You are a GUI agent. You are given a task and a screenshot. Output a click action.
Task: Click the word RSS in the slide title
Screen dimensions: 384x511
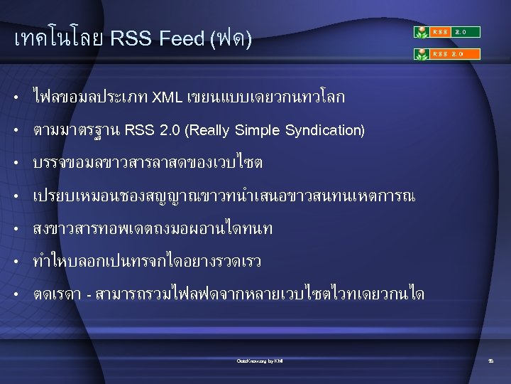(131, 38)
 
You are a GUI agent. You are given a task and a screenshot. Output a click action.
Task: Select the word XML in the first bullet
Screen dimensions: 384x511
(167, 97)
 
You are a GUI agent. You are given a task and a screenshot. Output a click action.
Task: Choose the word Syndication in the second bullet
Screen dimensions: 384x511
(325, 130)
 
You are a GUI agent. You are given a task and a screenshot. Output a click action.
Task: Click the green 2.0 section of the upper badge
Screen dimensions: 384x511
(467, 32)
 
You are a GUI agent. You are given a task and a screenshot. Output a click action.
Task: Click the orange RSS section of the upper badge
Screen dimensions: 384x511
(441, 32)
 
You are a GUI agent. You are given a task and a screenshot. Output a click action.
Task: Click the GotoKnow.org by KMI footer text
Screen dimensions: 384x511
(260, 361)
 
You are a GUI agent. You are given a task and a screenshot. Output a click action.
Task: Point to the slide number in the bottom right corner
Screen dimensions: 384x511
(490, 361)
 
